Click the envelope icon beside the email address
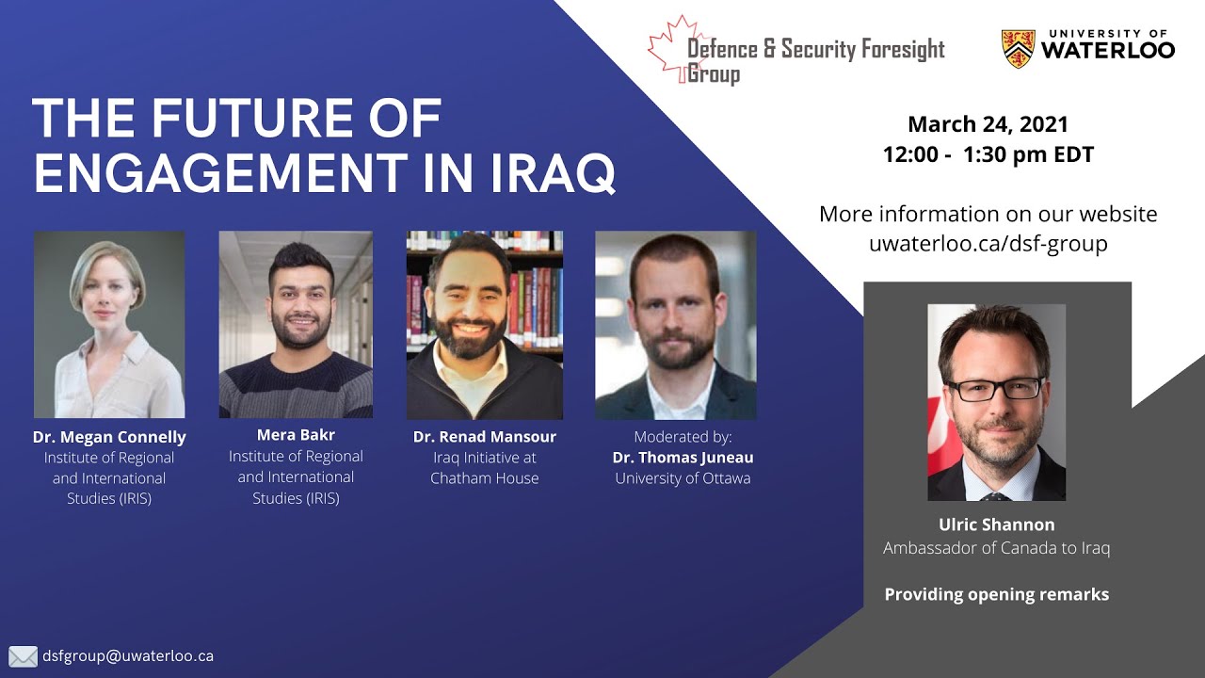[x=23, y=656]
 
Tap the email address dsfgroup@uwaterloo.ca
[x=128, y=655]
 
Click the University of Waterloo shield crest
[x=1018, y=49]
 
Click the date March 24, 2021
[x=988, y=124]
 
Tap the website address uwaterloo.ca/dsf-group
[x=988, y=244]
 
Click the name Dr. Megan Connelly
[x=109, y=437]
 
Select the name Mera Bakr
[x=296, y=435]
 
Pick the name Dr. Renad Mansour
[x=485, y=437]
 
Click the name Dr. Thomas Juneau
[x=683, y=458]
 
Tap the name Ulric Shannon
[x=996, y=525]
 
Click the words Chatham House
[x=485, y=478]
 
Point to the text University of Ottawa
[x=683, y=478]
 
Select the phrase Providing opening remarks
[x=996, y=594]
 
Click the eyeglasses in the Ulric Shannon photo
[x=995, y=388]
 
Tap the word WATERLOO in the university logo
[x=1108, y=50]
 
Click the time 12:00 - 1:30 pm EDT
[x=988, y=155]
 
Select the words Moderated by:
[x=683, y=437]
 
